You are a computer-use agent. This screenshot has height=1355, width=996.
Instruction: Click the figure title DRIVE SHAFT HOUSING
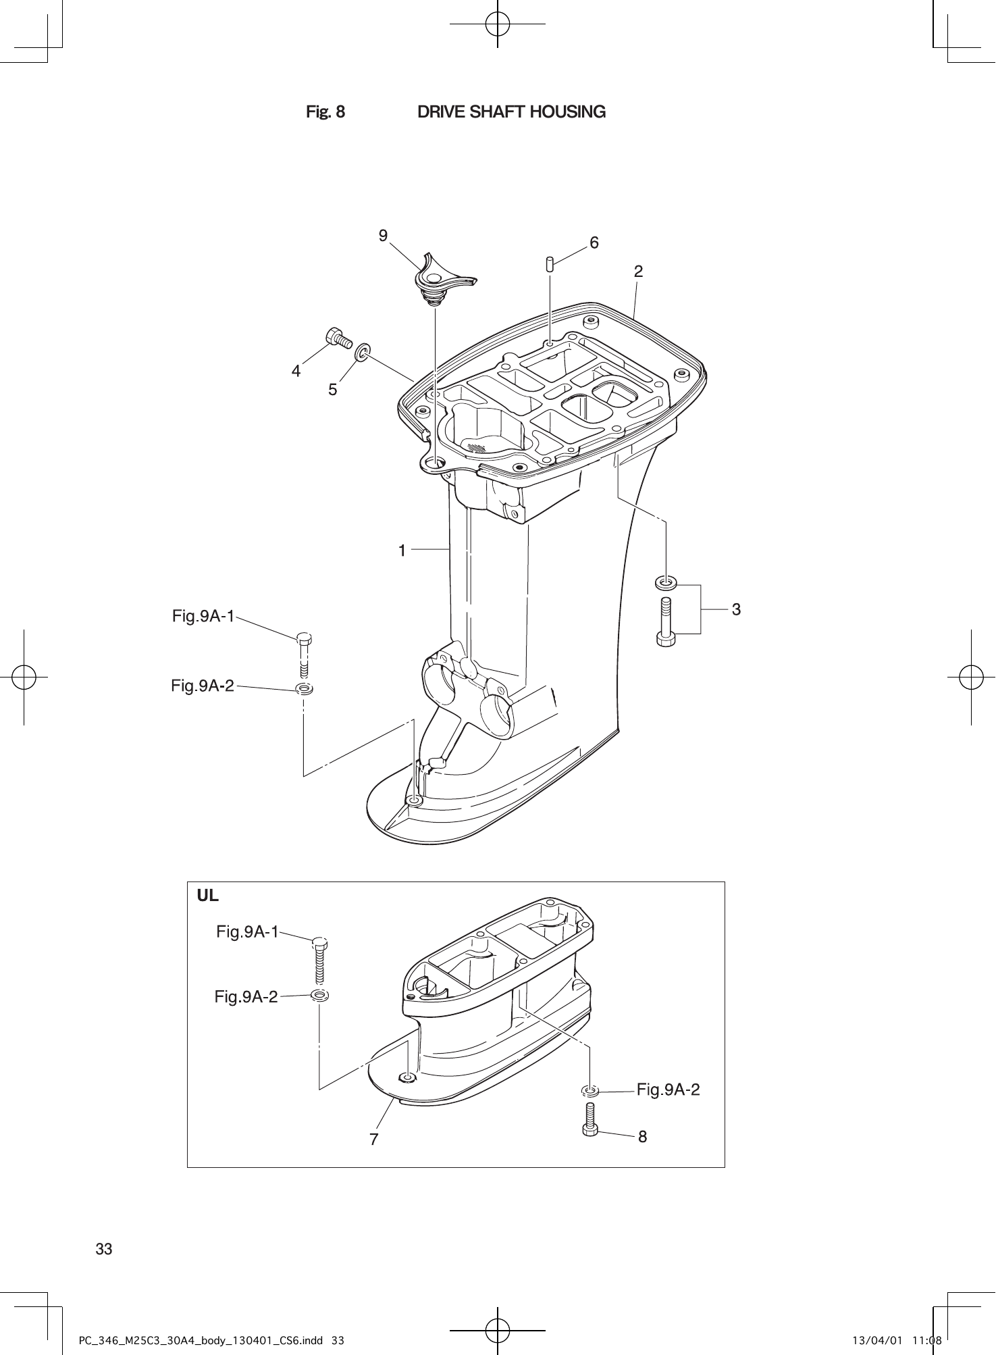[511, 112]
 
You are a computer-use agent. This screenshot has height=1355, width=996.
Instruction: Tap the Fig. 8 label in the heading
[325, 112]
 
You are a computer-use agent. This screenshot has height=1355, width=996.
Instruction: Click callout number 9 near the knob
[383, 235]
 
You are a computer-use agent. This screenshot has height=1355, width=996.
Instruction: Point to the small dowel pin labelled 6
[550, 263]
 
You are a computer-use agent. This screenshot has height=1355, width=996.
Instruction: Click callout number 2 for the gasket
[638, 272]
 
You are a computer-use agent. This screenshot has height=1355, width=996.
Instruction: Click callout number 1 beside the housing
[402, 551]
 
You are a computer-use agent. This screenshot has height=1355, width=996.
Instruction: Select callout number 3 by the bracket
[736, 609]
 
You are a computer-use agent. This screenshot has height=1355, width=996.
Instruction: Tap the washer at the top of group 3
[666, 582]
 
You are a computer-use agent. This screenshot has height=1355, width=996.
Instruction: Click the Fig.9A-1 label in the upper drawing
[203, 616]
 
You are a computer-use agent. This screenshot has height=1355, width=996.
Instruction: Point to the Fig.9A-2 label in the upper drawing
[203, 686]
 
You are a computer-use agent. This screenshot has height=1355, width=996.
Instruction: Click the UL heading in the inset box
[208, 896]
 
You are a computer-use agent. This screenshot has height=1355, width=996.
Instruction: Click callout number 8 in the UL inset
[642, 1137]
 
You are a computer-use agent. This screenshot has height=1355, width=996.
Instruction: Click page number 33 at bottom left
[104, 1249]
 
